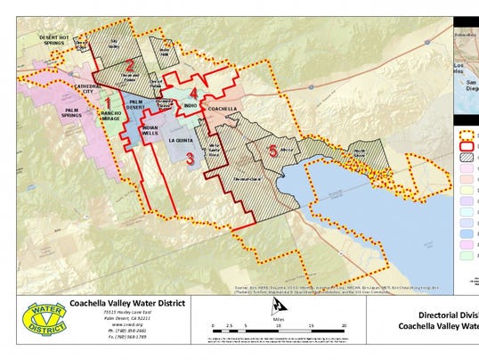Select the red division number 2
(129, 65)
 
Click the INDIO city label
(191, 106)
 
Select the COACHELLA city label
(218, 110)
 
